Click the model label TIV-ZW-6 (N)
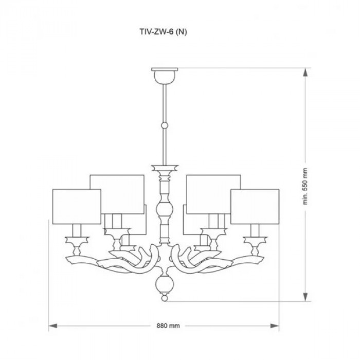(163, 32)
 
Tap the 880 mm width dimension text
(168, 326)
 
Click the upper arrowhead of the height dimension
(305, 73)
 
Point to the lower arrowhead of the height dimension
(305, 296)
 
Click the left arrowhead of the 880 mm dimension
(53, 326)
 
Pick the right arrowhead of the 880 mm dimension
(275, 326)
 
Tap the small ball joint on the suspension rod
(165, 125)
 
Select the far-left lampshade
(77, 206)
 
